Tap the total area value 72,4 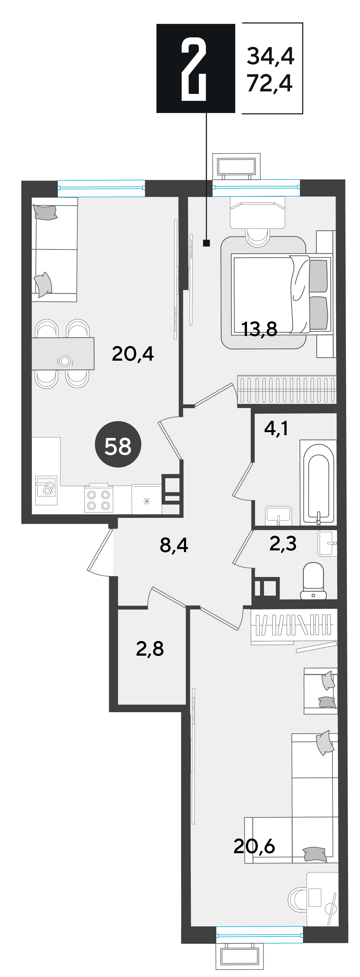coord(270,83)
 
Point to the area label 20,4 coord(133,353)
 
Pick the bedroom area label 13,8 coord(259,329)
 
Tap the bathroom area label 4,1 coord(276,428)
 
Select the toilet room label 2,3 coord(283,543)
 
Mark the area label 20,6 coord(254,846)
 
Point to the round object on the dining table coord(65,361)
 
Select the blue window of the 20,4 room coord(101,188)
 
